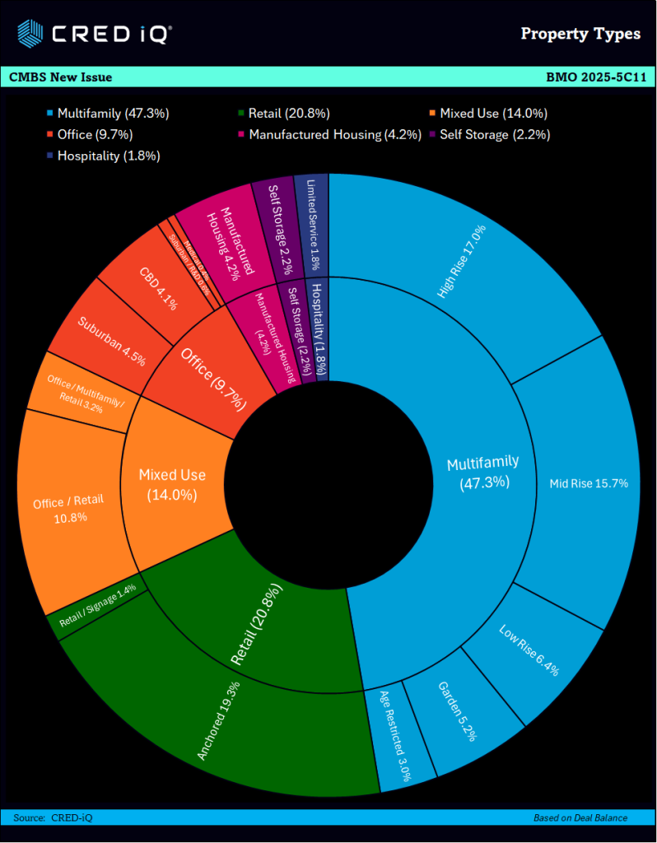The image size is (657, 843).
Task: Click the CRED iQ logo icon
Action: point(30,34)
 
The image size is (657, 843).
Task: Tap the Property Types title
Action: point(580,34)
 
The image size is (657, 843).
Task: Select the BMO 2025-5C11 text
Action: point(595,77)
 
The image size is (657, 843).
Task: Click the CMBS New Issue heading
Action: point(61,77)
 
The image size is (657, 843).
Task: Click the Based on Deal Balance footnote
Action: point(580,817)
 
